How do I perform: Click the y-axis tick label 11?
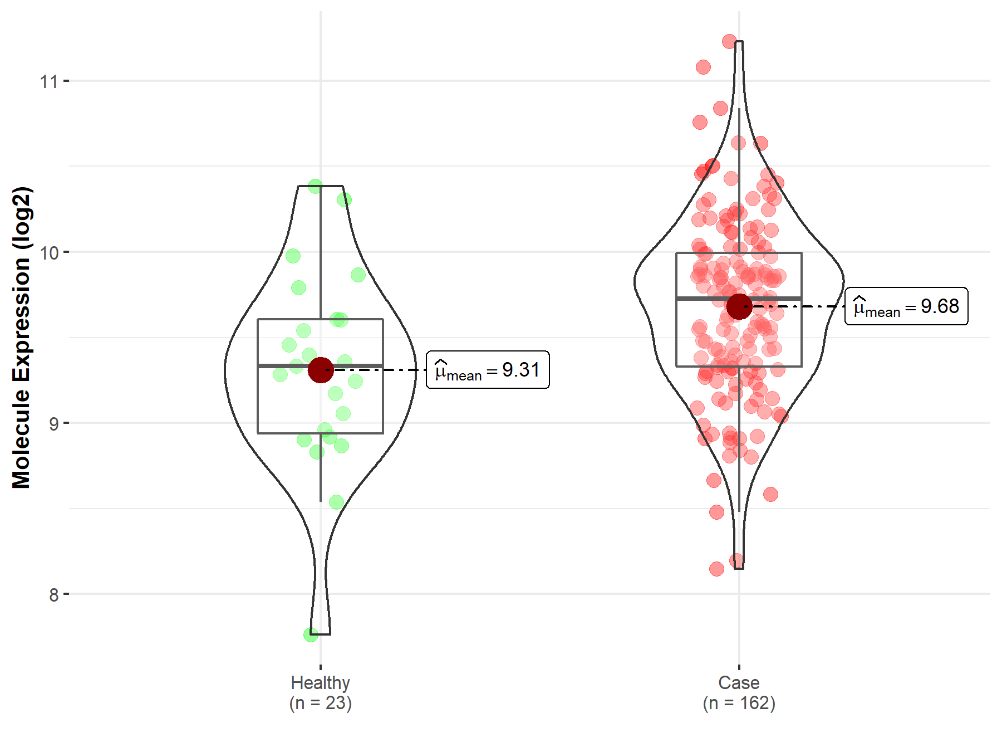coord(48,82)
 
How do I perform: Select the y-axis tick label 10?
coord(48,253)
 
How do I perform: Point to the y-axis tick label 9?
coord(53,424)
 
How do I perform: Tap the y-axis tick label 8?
coord(53,595)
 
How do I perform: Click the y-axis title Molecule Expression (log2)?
coord(21,338)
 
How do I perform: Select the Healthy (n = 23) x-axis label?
coord(320,692)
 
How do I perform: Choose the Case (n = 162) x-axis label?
coord(739,692)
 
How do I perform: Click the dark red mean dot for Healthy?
coord(321,370)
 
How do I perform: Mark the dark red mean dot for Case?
coord(739,306)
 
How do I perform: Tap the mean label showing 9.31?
coord(488,370)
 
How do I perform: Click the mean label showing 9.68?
coord(906,306)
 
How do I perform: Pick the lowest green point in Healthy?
coord(311,634)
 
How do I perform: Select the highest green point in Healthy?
coord(315,186)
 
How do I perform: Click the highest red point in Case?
coord(729,41)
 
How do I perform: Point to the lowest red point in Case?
coord(716,569)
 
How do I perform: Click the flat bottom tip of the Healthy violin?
coord(321,634)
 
